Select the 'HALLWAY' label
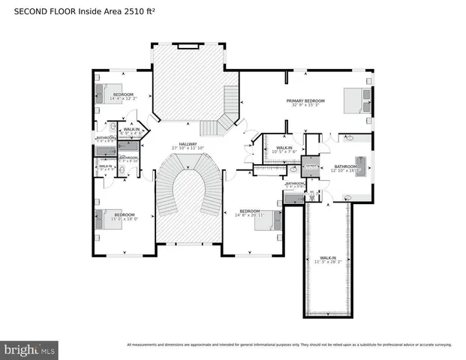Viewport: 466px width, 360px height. pos(188,143)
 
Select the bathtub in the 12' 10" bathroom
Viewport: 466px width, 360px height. pos(360,166)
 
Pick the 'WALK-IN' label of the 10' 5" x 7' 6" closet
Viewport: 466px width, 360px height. pos(284,148)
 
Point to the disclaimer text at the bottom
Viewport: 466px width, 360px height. pos(289,345)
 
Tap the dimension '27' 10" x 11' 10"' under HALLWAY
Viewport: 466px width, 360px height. pos(188,148)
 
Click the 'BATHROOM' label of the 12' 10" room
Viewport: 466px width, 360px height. pos(345,166)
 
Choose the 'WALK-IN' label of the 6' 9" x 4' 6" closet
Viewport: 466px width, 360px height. pos(131,129)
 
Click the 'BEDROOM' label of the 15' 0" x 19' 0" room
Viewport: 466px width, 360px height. pos(113,214)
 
